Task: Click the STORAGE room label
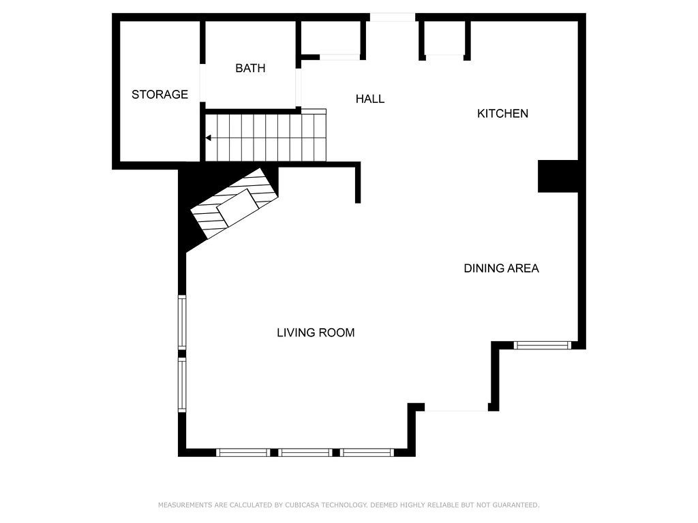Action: coord(160,95)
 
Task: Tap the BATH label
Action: coord(250,68)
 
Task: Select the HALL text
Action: coord(370,99)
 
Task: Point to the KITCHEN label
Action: coord(502,114)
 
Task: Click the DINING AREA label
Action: coord(501,268)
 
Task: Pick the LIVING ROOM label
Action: coord(316,333)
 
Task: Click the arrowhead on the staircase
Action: coord(209,138)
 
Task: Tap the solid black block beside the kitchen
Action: coord(558,176)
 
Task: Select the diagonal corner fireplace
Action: coord(235,204)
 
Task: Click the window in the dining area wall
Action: coord(543,345)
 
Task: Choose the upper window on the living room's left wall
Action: coord(182,321)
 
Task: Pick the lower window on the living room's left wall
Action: coord(182,385)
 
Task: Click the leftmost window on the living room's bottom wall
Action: coord(243,452)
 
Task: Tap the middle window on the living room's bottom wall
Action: coord(306,452)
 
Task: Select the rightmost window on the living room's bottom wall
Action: coord(367,452)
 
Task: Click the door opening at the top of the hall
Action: coord(393,17)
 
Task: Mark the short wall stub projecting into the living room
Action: coord(358,184)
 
